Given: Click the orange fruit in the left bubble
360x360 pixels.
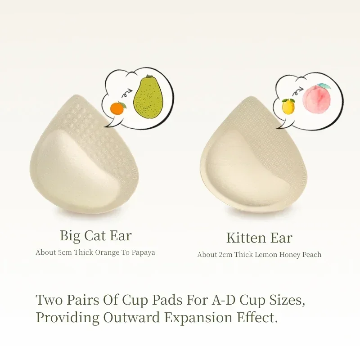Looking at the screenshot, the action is point(117,108).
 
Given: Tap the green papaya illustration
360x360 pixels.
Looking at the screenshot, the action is point(148,97).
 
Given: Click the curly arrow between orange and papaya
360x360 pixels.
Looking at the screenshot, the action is point(126,93).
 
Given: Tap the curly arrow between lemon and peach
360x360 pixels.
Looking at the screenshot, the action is point(297,92).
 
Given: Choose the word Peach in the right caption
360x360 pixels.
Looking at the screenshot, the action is point(312,255).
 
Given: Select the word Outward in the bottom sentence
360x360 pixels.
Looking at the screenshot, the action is point(131,318).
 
